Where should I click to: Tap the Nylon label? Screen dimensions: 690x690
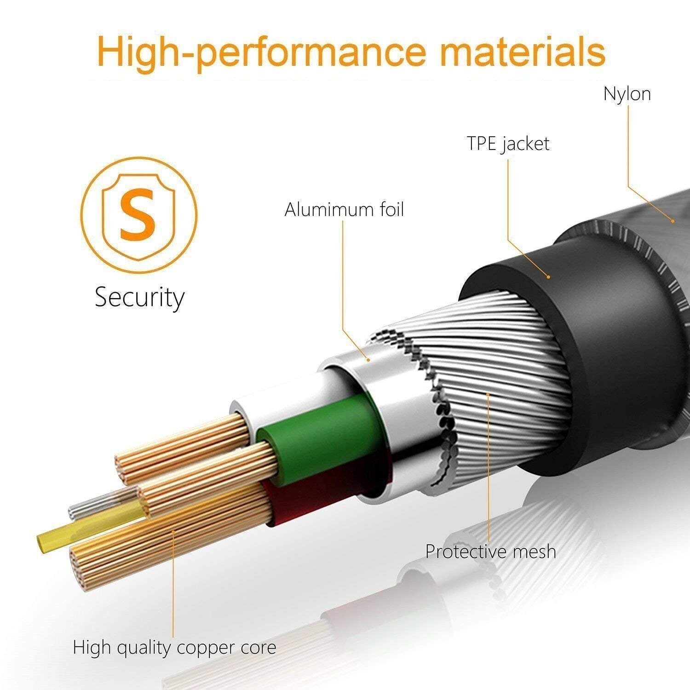[x=627, y=94]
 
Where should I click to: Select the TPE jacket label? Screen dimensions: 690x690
[x=508, y=144]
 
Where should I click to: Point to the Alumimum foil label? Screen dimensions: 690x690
[x=344, y=210]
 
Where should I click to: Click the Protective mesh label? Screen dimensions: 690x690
[x=490, y=551]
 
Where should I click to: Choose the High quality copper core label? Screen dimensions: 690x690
[x=175, y=648]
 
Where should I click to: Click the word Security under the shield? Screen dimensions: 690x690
[x=139, y=298]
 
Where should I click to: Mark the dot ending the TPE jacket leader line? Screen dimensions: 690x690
[x=548, y=277]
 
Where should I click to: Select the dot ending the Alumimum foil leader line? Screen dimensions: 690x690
[x=368, y=359]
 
